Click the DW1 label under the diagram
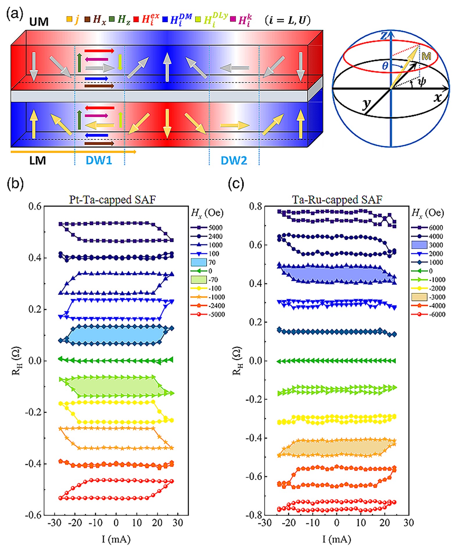(99, 160)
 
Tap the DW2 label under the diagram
(234, 160)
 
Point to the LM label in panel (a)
(38, 160)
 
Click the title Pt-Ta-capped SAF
(112, 200)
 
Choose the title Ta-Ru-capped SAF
(337, 200)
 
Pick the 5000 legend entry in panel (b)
(215, 228)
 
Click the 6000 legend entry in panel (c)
(436, 228)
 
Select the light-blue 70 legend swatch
(199, 262)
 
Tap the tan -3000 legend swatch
(419, 297)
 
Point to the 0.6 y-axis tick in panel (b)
(35, 206)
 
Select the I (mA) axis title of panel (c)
(336, 539)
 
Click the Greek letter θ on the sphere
(385, 66)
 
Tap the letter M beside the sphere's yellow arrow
(426, 56)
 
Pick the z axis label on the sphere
(384, 36)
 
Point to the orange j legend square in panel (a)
(69, 19)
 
